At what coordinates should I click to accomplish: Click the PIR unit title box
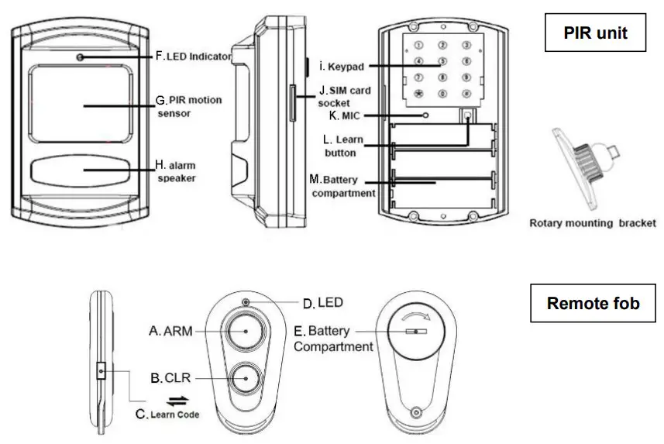[x=594, y=33]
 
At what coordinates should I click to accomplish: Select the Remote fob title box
[x=593, y=303]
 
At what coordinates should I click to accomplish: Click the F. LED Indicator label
[x=194, y=56]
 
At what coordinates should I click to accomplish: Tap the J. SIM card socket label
[x=344, y=96]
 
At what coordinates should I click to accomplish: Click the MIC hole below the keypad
[x=425, y=115]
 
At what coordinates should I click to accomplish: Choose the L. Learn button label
[x=339, y=146]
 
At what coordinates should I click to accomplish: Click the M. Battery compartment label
[x=342, y=186]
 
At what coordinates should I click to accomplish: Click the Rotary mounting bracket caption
[x=592, y=223]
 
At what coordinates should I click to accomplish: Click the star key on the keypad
[x=419, y=94]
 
